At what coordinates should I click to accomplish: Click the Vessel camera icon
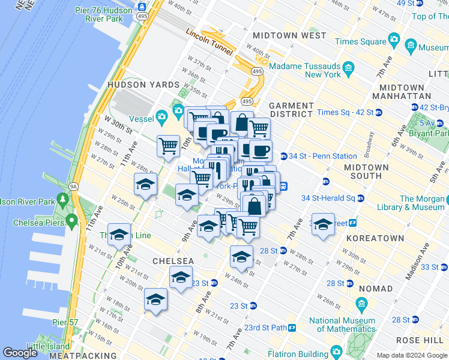[161, 116]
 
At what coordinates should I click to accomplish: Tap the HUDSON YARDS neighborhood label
[135, 85]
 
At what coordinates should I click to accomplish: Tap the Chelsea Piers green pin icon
[71, 223]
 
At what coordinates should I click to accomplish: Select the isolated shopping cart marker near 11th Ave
[168, 145]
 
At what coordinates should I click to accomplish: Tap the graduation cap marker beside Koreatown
[323, 225]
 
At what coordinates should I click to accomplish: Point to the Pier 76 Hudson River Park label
[99, 14]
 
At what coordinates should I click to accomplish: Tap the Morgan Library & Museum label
[423, 203]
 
